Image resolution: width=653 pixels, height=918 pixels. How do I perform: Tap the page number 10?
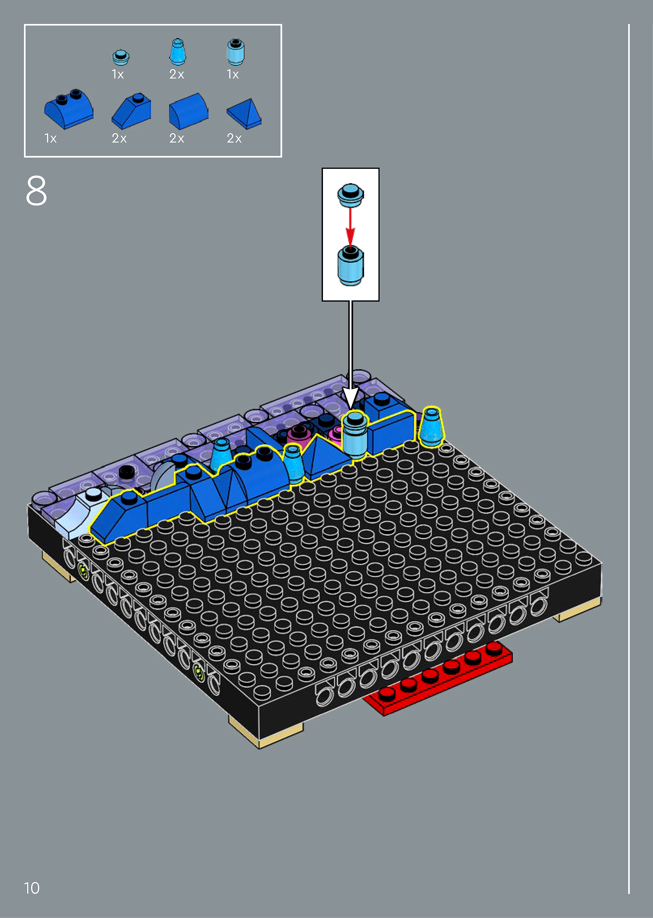point(32,888)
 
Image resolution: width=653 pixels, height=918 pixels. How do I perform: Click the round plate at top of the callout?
point(350,195)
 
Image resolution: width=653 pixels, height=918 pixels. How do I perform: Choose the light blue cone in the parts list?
point(177,52)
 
